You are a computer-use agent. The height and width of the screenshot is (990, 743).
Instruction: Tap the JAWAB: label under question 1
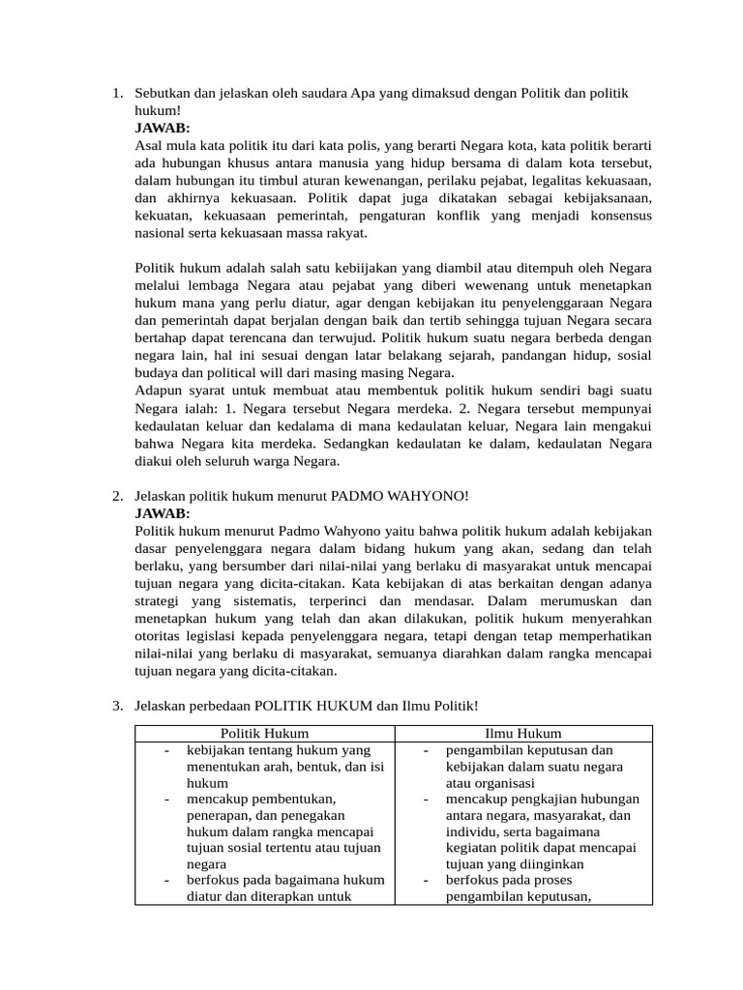point(163,128)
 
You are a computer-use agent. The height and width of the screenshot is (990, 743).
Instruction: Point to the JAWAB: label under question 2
point(163,512)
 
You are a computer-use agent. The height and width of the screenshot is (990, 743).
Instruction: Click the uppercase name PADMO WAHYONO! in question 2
point(400,496)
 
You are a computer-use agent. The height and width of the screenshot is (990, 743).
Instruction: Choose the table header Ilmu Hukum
point(523,734)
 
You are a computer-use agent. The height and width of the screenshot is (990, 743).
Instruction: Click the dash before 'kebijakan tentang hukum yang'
point(167,750)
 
